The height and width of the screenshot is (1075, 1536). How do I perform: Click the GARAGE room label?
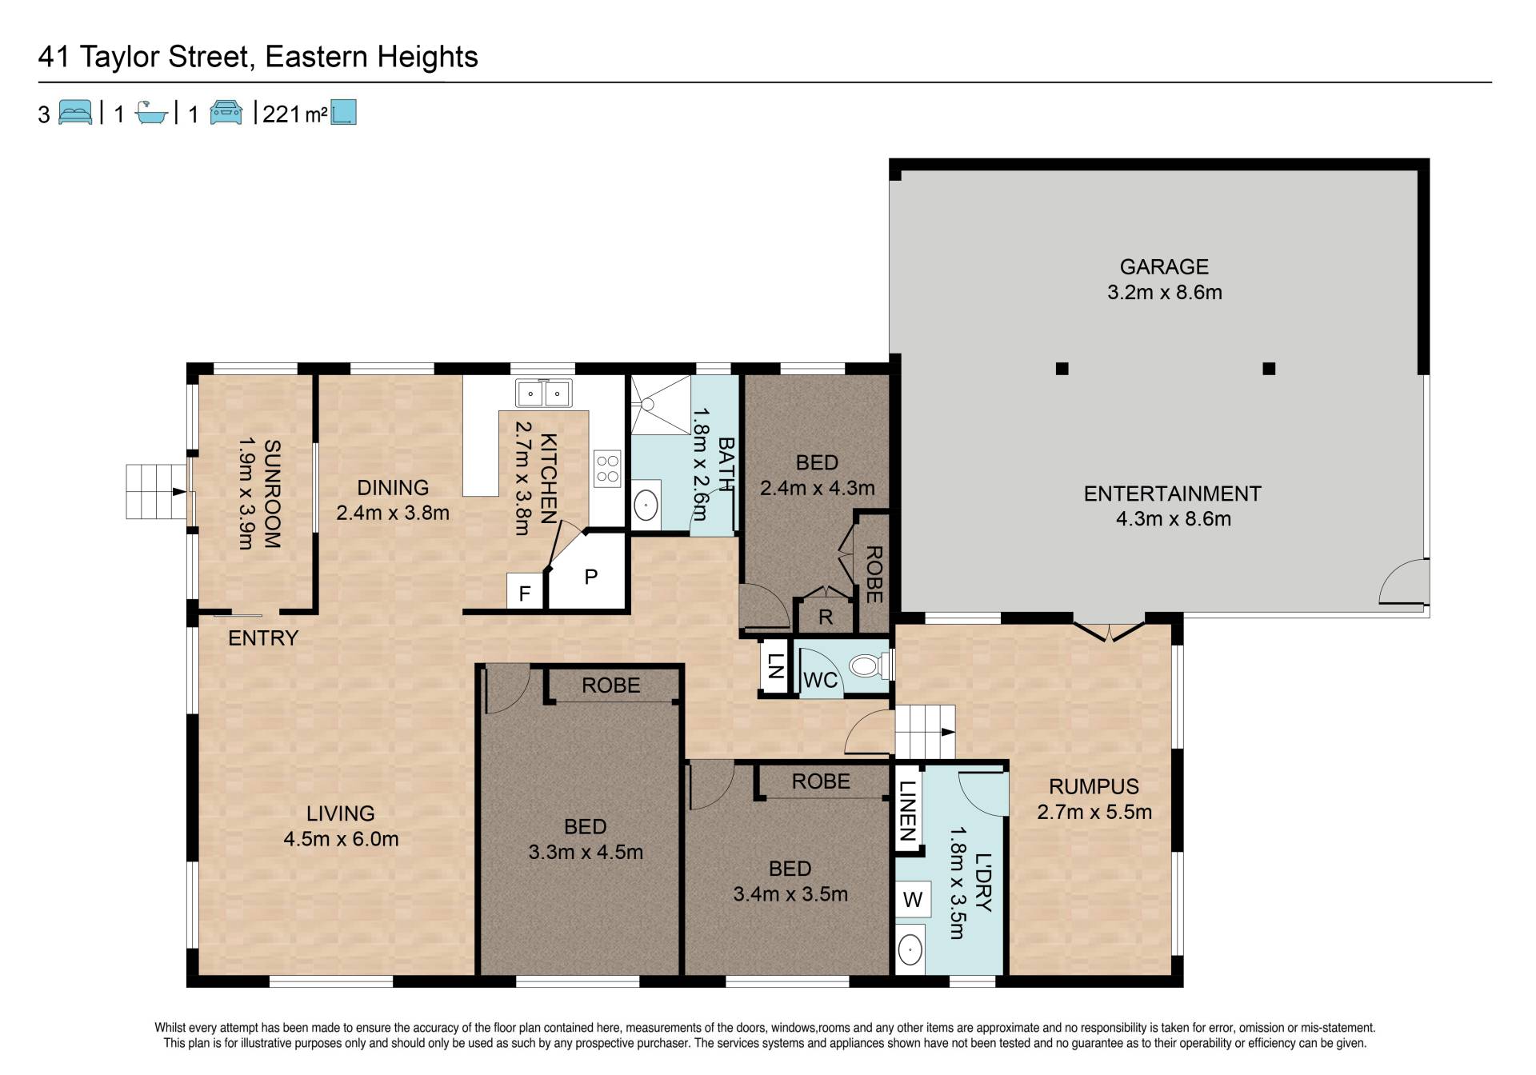point(1164,266)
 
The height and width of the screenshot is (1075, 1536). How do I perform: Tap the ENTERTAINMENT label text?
point(1173,494)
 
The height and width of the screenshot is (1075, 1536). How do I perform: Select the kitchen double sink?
point(543,393)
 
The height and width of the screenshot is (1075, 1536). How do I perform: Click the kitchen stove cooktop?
point(607,468)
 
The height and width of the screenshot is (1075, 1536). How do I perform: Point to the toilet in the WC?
point(866,665)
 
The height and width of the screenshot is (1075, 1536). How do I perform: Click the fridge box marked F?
point(525,593)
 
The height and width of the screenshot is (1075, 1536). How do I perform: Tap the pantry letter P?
point(591,576)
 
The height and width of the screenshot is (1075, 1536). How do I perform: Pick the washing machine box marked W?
point(912,899)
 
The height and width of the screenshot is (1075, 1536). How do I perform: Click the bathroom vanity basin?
point(646,505)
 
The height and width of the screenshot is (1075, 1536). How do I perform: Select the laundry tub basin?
point(910,950)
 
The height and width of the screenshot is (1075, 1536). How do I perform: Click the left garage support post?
point(1062,369)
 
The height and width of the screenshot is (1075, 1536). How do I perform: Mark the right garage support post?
point(1269,369)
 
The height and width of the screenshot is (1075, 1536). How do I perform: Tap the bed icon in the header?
point(75,113)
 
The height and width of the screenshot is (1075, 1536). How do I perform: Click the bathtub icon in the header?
point(150,113)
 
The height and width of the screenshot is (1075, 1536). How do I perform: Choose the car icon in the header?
point(226,113)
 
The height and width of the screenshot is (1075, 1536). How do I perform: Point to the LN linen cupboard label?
point(774,666)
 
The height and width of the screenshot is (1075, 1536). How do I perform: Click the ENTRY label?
point(263,637)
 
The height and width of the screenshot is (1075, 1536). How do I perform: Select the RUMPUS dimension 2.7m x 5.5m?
point(1094,812)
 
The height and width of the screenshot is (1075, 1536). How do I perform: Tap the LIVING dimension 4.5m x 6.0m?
point(341,839)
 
